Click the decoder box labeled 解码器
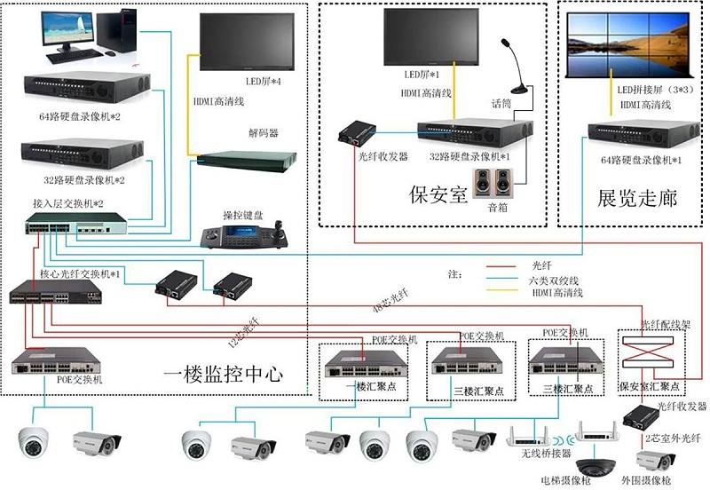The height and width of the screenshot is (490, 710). click(244, 161)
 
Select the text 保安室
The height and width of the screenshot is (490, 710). click(438, 194)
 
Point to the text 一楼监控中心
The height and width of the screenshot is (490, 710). click(224, 374)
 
